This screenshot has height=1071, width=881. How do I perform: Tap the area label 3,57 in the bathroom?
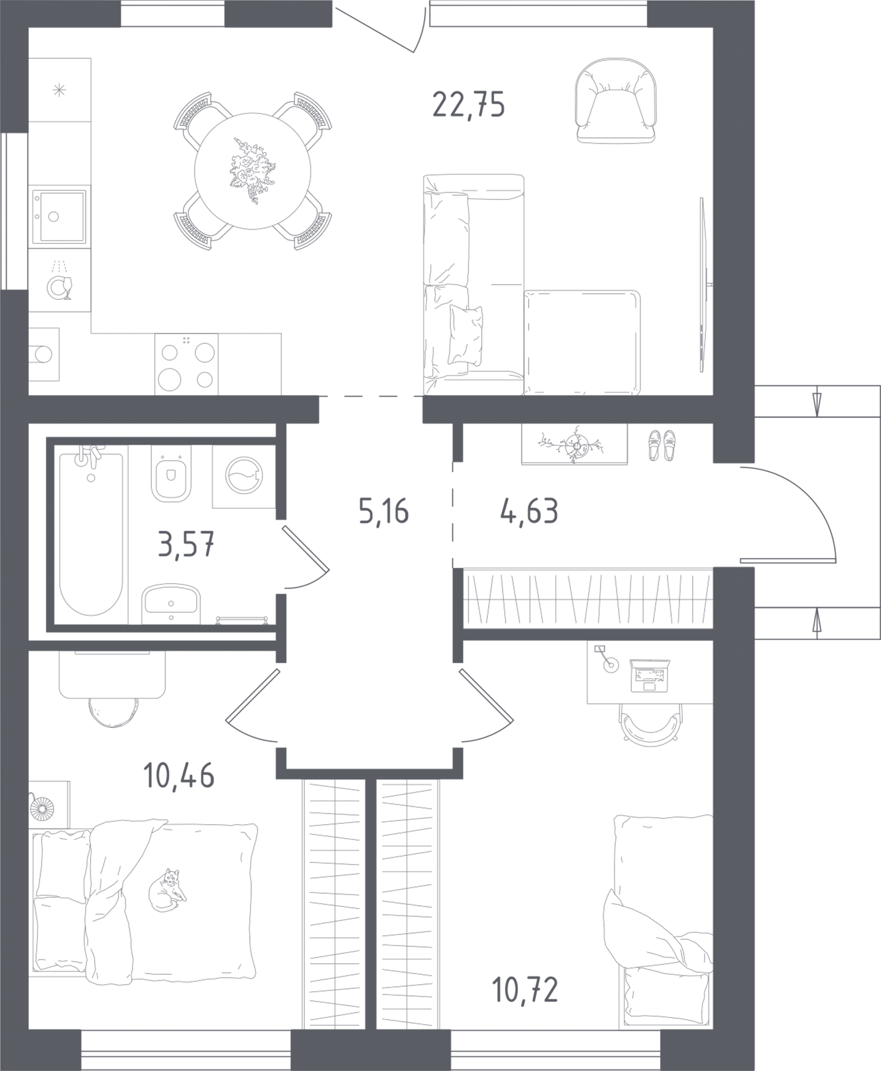186,544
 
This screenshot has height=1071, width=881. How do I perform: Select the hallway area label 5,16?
383,511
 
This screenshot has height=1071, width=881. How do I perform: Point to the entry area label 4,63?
529,511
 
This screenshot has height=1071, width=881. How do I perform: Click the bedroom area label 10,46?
179,776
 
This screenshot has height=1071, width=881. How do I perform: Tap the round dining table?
252,171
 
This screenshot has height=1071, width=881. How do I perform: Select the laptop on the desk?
649,675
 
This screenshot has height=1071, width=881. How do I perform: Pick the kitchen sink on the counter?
59,217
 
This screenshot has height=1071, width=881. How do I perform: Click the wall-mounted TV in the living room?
702,284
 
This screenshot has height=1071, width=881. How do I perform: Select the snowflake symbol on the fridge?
59,91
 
